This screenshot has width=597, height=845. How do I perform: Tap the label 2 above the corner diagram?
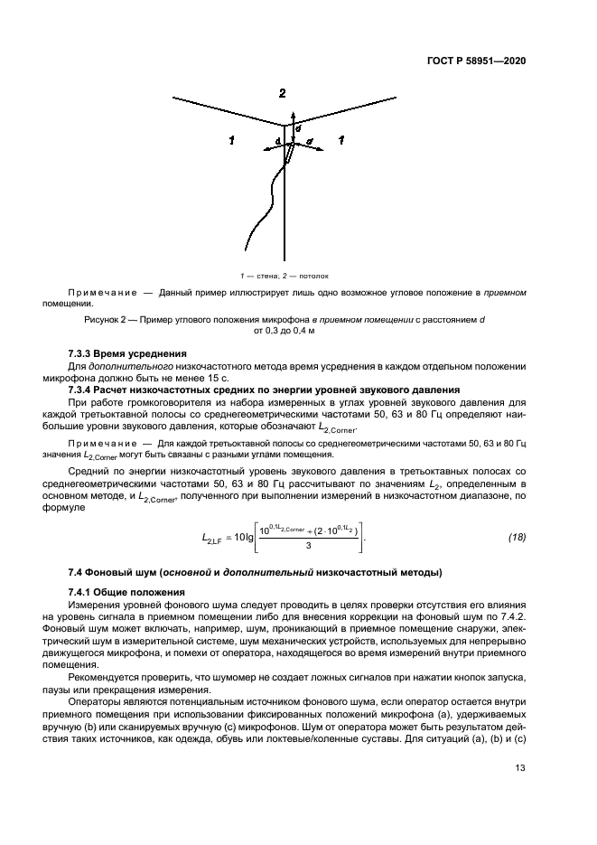282,94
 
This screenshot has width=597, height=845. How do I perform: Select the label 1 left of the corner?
232,140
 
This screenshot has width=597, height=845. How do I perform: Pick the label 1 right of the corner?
340,140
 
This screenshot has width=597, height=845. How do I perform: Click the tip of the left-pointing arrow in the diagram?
259,147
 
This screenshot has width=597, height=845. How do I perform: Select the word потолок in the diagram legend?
312,274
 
